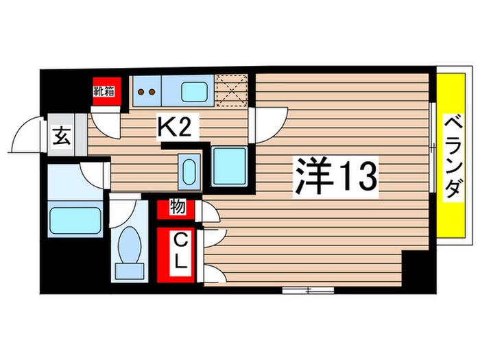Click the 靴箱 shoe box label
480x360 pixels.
(x=104, y=91)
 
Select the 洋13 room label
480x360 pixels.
(x=335, y=176)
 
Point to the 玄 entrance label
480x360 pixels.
(x=62, y=136)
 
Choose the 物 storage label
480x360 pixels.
(x=178, y=206)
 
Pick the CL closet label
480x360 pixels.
(x=181, y=254)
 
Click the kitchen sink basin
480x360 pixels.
(x=194, y=92)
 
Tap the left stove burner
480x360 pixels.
(x=141, y=91)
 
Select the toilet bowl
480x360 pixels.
(x=130, y=244)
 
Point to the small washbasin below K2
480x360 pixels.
(x=189, y=171)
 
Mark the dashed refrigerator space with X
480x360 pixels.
(x=231, y=91)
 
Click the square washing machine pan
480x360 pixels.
(x=230, y=167)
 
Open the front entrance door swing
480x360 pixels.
(x=26, y=134)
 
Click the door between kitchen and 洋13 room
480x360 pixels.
(x=269, y=125)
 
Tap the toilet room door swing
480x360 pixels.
(x=123, y=211)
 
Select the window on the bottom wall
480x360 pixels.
(x=308, y=290)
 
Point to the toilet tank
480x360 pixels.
(x=130, y=271)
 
